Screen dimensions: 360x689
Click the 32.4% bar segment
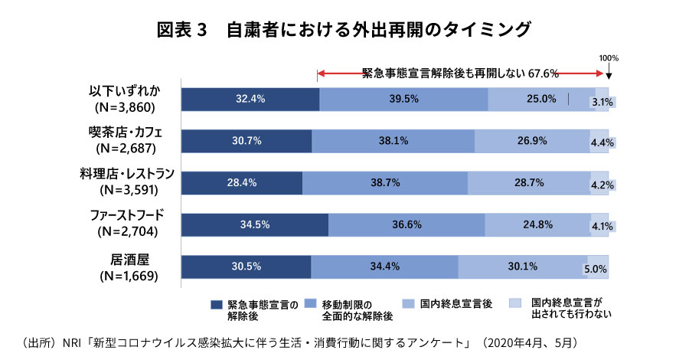point(250,99)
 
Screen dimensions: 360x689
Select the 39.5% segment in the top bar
point(403,99)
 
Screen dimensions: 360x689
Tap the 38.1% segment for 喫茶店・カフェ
point(393,141)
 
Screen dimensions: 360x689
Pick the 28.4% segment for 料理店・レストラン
point(242,183)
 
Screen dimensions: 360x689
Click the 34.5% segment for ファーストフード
point(255,224)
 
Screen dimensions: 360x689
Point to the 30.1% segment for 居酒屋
point(522,267)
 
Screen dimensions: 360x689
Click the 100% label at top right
point(609,58)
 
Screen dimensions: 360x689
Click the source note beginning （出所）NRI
point(299,341)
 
